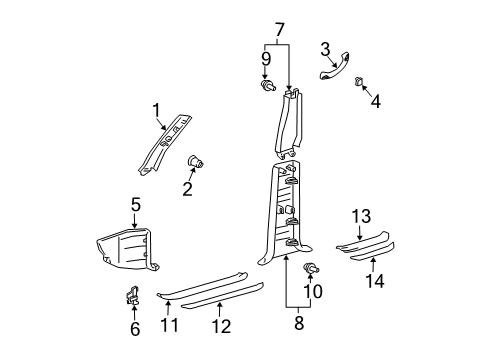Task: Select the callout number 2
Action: tap(187, 190)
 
